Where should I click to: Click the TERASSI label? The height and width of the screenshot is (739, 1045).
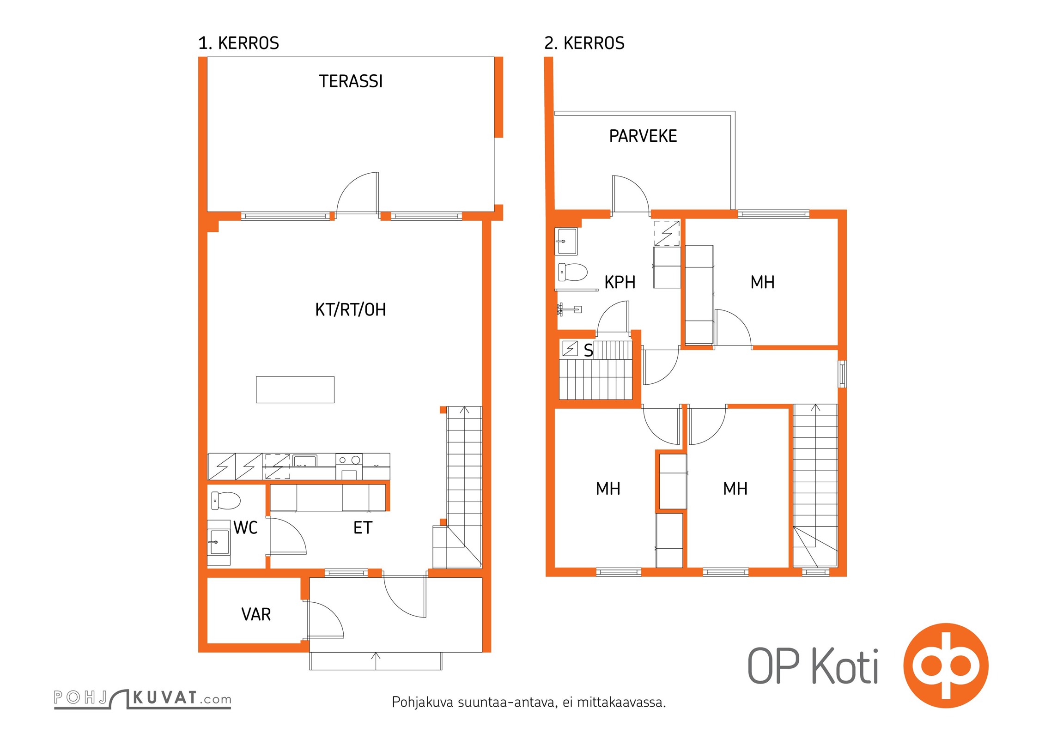(x=351, y=81)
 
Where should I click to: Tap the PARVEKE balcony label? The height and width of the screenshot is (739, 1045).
(x=643, y=136)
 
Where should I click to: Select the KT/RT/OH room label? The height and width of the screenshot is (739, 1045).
(x=350, y=309)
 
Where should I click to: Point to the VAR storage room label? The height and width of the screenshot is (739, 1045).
(x=256, y=614)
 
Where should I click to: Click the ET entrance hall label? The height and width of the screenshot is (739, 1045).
(x=363, y=527)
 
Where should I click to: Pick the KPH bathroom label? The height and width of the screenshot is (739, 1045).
(x=620, y=282)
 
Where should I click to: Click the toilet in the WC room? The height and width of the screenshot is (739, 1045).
(x=226, y=501)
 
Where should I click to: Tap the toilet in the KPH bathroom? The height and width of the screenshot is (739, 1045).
(x=573, y=272)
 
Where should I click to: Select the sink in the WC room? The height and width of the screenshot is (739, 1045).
(x=219, y=542)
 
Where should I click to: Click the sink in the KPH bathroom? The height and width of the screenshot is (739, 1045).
(x=566, y=241)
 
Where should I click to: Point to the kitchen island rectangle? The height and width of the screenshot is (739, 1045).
(x=295, y=390)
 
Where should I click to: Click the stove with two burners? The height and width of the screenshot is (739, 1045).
(x=349, y=466)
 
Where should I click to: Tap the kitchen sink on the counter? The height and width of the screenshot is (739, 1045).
(x=305, y=460)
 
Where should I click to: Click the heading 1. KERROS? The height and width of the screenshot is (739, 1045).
(x=238, y=43)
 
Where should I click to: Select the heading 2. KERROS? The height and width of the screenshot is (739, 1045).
(x=584, y=43)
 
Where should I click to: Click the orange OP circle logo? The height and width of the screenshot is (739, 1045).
(x=946, y=665)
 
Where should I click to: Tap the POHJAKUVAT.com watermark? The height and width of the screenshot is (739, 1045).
(x=142, y=698)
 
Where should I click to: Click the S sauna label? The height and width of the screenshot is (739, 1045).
(x=588, y=351)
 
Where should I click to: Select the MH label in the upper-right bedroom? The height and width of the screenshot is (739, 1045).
(x=762, y=282)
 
